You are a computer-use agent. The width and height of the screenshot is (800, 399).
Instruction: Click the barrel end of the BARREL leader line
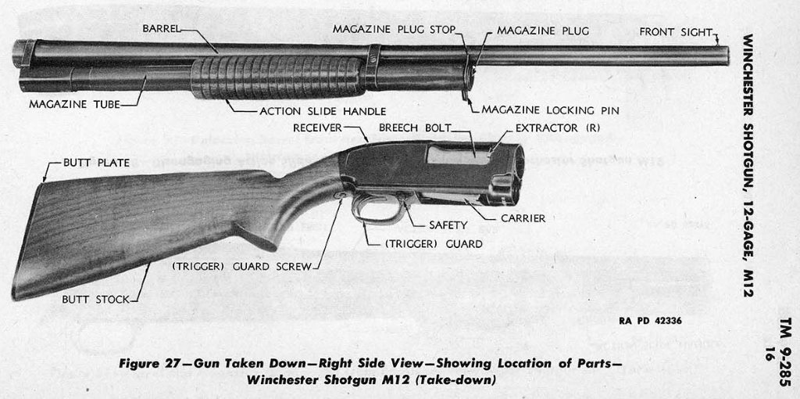(218, 52)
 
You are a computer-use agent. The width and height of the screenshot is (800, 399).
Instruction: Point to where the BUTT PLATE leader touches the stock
(43, 182)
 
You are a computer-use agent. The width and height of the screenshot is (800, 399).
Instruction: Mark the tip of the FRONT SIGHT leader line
(719, 45)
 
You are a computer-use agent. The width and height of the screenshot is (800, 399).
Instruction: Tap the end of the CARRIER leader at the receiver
(466, 200)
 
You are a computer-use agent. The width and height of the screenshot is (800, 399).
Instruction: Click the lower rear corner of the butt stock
(12, 299)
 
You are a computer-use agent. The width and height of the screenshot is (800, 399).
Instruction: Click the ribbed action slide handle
(278, 77)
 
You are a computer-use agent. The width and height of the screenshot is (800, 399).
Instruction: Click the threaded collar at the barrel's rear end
(24, 53)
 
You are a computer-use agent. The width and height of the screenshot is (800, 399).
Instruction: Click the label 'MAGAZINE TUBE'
(74, 105)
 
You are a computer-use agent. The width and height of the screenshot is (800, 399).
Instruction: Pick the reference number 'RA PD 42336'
(650, 321)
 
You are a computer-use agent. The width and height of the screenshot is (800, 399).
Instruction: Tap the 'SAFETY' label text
(448, 225)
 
